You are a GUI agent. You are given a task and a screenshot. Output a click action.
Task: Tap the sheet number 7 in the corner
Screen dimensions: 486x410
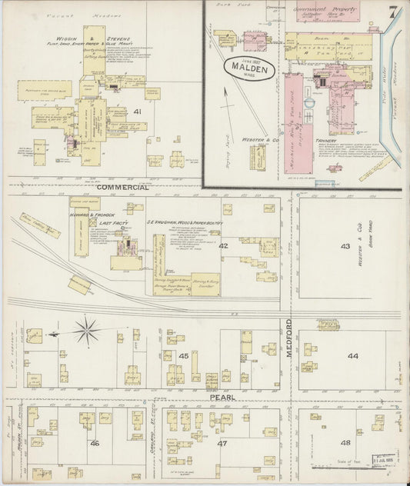393,12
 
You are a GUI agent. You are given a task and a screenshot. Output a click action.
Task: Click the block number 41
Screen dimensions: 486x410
138,112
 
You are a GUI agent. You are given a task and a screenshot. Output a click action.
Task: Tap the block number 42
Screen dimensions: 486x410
222,246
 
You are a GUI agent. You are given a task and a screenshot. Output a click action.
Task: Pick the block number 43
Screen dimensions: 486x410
345,246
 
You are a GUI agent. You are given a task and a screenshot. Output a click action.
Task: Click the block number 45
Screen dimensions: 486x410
184,355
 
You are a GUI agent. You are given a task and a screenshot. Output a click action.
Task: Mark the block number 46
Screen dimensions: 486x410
95,444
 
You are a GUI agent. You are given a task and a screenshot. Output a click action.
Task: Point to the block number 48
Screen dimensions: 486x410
345,442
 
